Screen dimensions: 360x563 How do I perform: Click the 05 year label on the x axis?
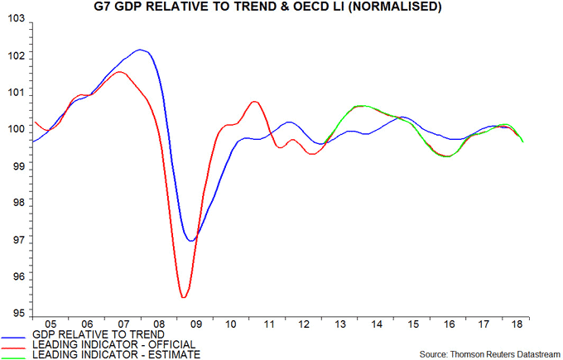tap(51, 324)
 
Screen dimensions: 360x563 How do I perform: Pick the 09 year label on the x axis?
tap(197, 324)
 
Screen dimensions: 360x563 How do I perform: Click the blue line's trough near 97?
tap(191, 241)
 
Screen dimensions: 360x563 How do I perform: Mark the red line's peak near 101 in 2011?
tap(254, 102)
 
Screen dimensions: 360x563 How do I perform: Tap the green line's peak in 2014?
tap(362, 106)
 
